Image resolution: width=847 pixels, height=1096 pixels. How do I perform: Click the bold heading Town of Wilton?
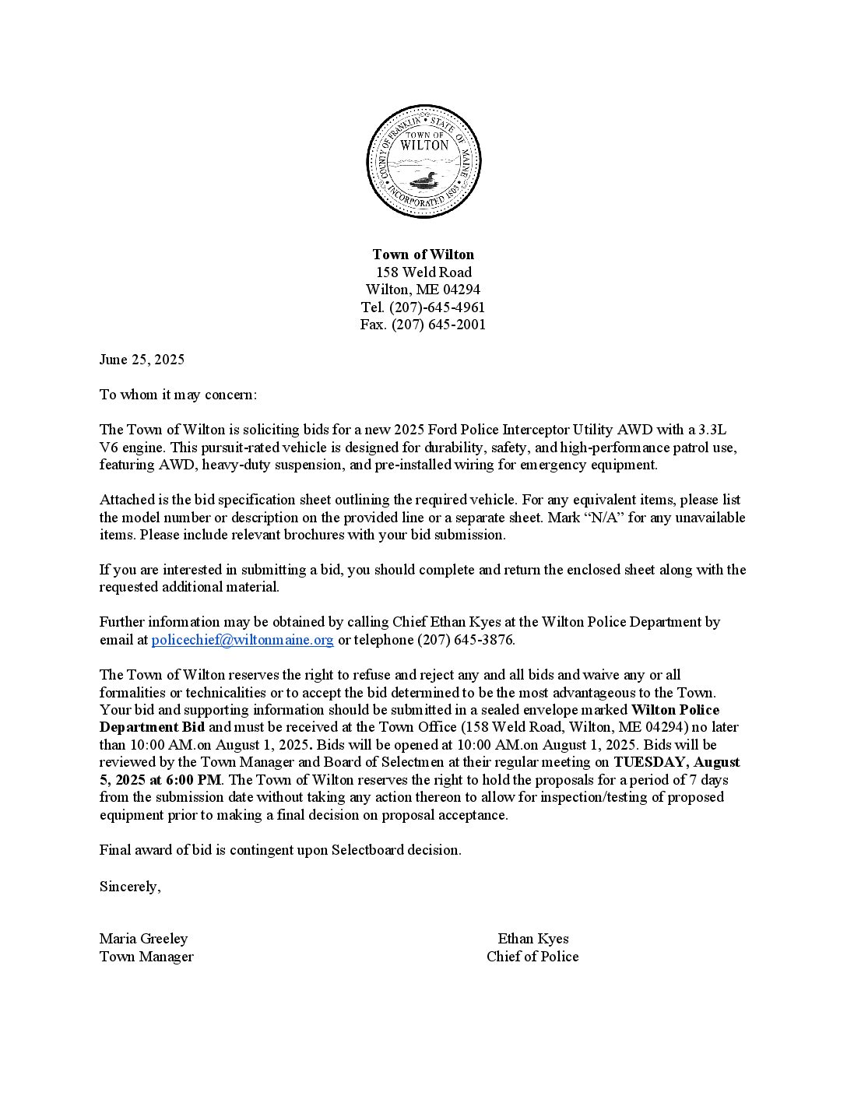[423, 255]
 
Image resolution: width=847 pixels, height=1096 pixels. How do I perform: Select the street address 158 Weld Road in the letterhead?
[423, 272]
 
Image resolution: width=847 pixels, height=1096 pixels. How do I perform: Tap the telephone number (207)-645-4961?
[437, 307]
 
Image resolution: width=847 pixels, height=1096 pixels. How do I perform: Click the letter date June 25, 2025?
[142, 360]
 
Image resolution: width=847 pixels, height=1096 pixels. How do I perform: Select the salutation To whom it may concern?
[177, 395]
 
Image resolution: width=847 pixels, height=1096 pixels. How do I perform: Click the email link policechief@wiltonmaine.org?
[242, 640]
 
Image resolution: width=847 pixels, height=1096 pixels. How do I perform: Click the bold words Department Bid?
[152, 727]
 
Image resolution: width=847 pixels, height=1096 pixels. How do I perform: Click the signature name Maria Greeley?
[143, 939]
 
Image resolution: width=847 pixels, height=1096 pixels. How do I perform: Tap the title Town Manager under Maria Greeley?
[146, 957]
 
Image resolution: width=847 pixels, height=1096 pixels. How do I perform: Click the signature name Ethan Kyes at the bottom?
[533, 939]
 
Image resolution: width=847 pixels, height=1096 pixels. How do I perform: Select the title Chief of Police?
[532, 957]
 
